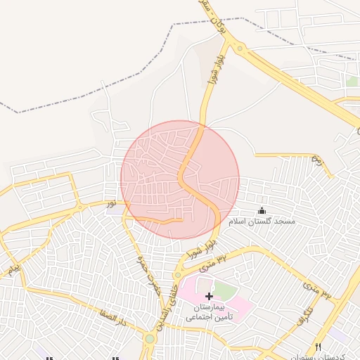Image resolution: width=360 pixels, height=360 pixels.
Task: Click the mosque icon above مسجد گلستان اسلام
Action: point(262,210)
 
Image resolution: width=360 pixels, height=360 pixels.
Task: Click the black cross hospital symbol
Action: point(209,297)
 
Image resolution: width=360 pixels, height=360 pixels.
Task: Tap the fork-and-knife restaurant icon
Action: point(318,347)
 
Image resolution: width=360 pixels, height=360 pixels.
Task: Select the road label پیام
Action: point(15,269)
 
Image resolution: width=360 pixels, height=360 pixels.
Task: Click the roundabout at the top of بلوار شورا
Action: point(240,49)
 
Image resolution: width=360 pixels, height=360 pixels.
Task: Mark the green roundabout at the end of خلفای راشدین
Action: point(149,339)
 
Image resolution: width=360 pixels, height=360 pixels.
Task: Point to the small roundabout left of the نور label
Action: point(81,207)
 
